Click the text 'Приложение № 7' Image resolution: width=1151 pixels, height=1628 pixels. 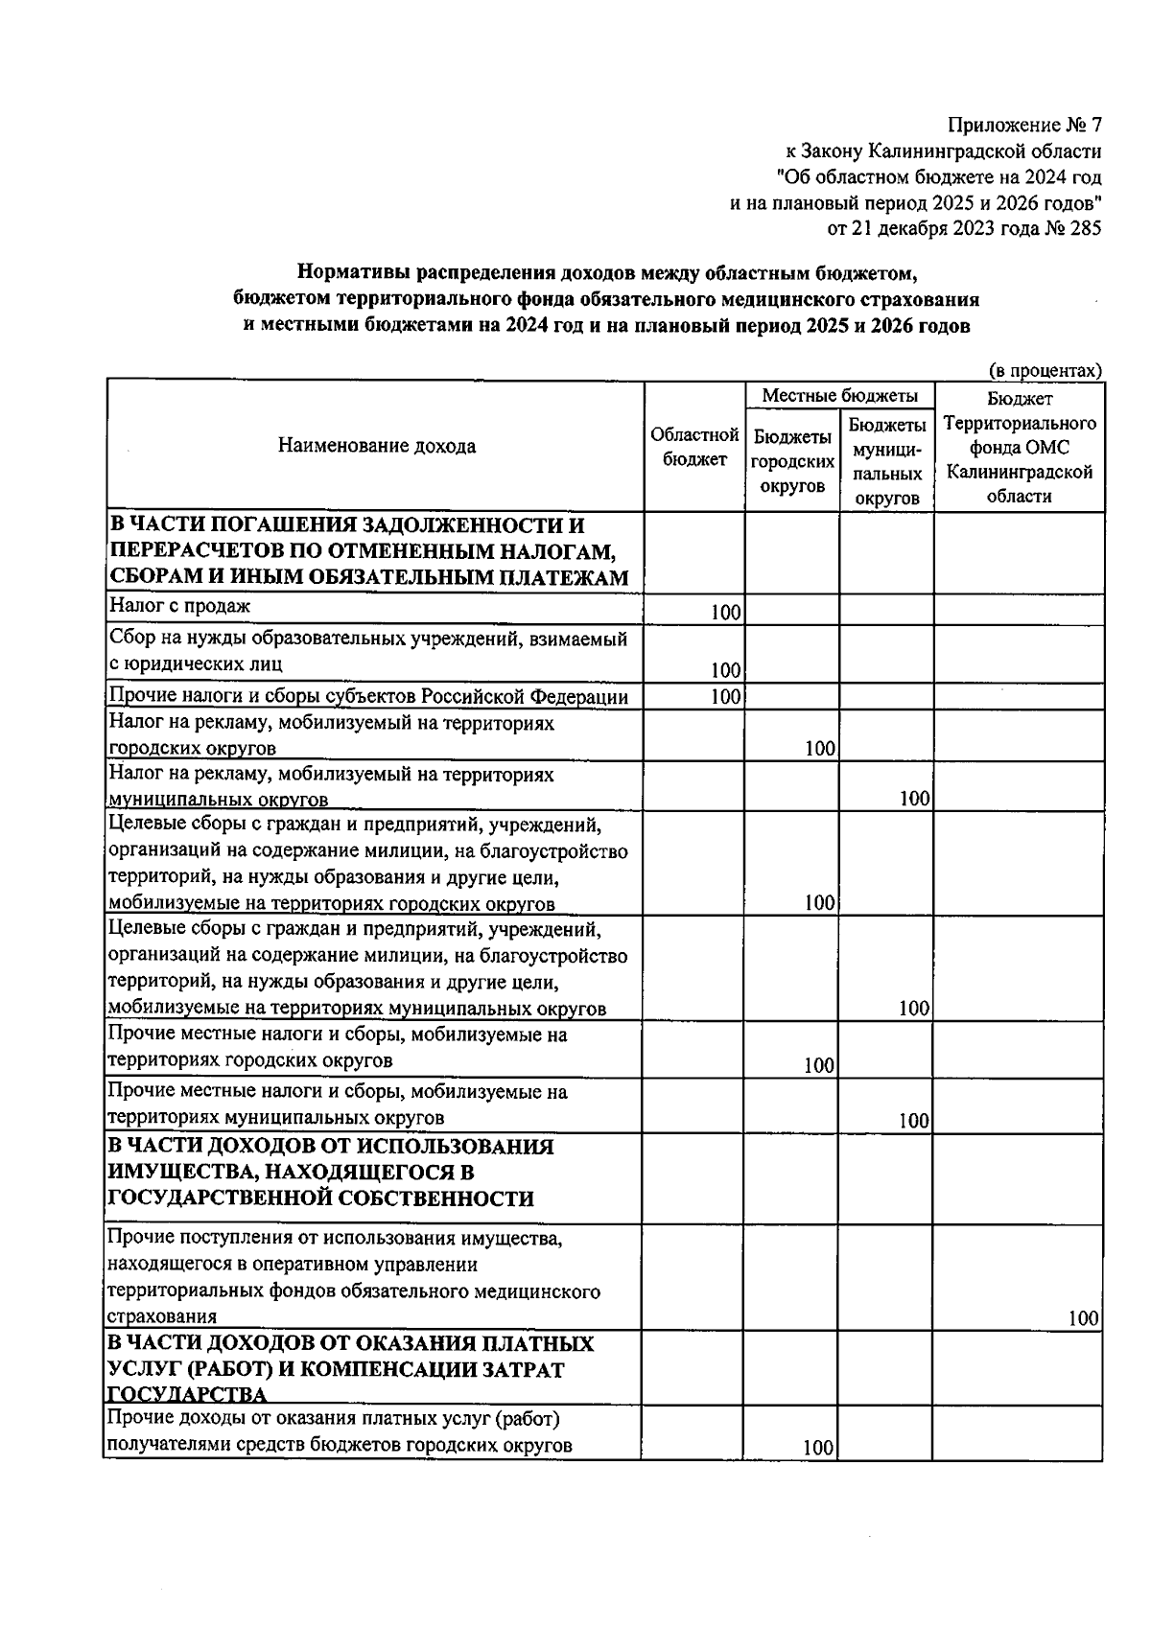[1024, 126]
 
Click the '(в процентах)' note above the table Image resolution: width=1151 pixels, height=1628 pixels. [1045, 370]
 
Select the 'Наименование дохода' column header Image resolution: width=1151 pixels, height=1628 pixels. [376, 446]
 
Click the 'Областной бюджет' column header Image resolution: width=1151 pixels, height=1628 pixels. [694, 447]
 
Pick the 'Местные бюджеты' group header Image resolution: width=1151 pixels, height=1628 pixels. [839, 396]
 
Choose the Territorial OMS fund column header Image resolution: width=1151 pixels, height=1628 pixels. [1019, 447]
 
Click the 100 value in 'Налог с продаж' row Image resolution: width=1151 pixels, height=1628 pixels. [725, 613]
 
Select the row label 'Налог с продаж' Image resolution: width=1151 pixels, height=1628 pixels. [180, 606]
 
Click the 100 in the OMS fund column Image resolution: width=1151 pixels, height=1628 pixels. [1083, 1319]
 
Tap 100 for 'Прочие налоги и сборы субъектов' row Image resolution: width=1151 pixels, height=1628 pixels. [725, 697]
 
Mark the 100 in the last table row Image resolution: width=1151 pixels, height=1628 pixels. [818, 1449]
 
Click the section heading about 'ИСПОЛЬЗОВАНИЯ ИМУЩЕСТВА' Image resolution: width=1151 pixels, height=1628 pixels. [331, 1173]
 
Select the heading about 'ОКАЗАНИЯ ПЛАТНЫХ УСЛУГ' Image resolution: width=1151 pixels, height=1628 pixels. [350, 1368]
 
